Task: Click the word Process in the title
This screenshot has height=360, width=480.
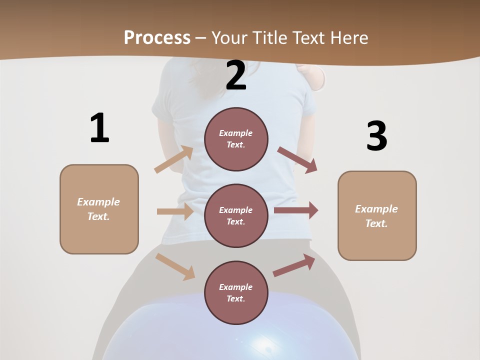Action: coord(157,37)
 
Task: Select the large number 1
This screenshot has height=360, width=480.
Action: coord(99,128)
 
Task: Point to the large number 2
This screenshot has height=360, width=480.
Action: coord(236,75)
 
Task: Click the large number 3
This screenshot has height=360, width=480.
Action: coord(376,136)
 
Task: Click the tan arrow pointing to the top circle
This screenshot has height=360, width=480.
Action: coord(174,159)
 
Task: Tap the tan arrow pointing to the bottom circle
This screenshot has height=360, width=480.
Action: coord(175,266)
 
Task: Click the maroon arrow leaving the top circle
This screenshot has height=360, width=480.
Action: coord(297,159)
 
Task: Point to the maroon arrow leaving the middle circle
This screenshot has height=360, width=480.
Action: coord(296,210)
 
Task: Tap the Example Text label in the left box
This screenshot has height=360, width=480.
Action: coord(98,209)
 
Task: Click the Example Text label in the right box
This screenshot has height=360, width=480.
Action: coord(376,216)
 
